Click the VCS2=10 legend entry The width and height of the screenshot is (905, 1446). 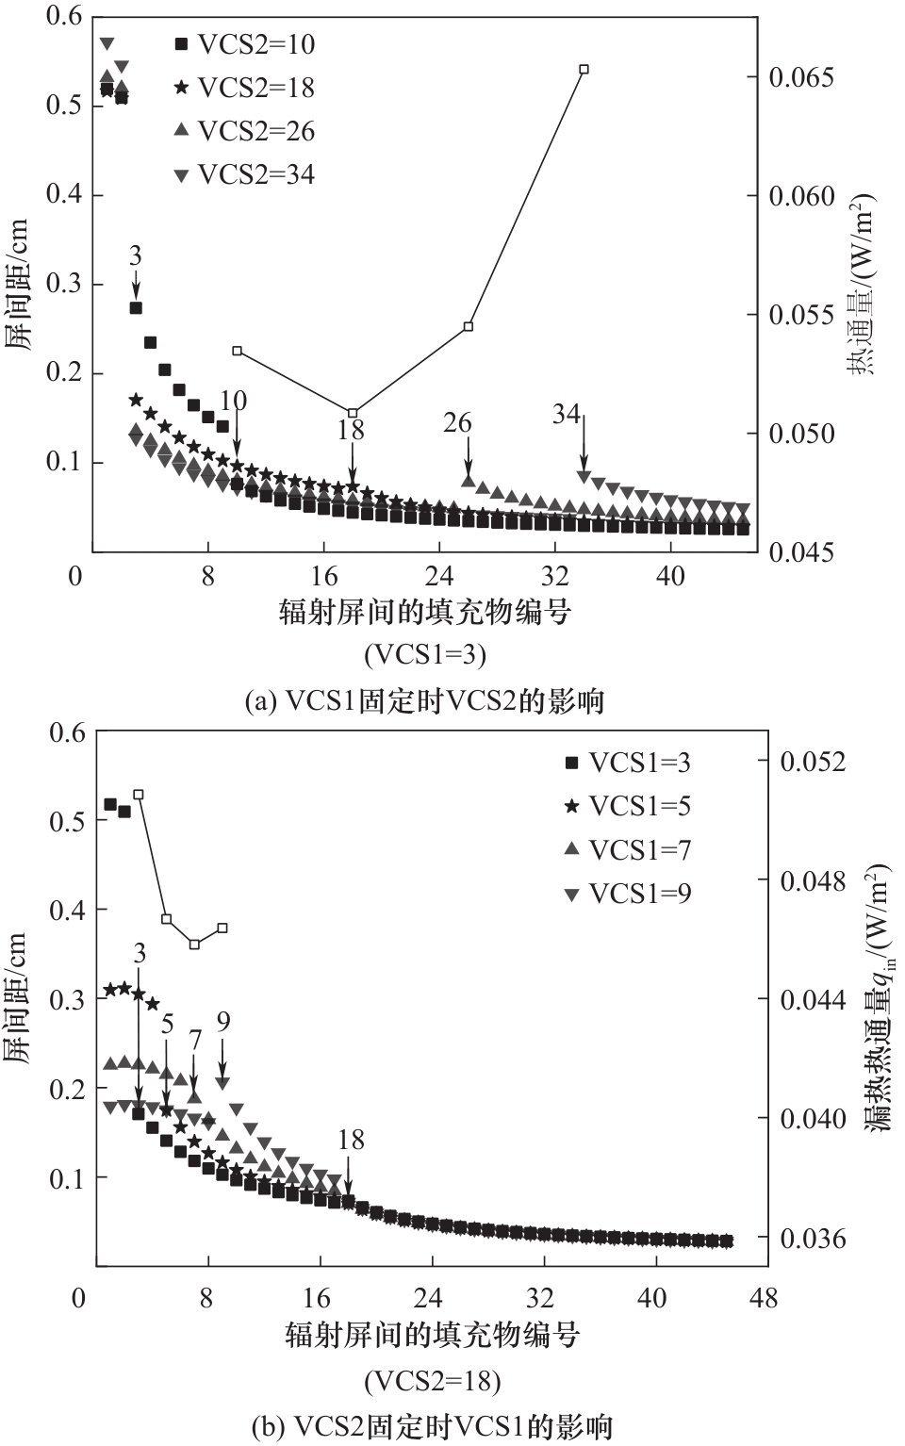coord(244,44)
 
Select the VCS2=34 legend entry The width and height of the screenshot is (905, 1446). coord(244,174)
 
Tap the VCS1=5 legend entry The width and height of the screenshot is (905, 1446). coord(627,806)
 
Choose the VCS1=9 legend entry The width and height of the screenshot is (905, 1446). coord(627,893)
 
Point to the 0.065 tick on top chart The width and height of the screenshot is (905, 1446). coord(801,77)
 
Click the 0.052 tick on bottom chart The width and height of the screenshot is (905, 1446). coord(813,762)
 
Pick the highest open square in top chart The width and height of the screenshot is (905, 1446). coord(584,69)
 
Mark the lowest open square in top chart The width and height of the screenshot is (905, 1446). coord(353,413)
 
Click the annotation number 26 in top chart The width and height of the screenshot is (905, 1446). coord(457,423)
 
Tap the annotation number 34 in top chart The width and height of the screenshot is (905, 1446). coord(566,413)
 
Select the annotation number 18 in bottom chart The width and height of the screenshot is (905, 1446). coord(351,1140)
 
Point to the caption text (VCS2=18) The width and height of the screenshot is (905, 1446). coord(432,1381)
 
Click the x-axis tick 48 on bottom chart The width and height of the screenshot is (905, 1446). coord(764,1298)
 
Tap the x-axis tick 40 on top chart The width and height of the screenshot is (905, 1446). coord(670,576)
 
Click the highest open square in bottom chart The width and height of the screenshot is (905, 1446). coord(139,795)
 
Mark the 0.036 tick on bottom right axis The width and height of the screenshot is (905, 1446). coord(813,1238)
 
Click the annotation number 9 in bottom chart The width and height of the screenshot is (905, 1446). coord(223,1022)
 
